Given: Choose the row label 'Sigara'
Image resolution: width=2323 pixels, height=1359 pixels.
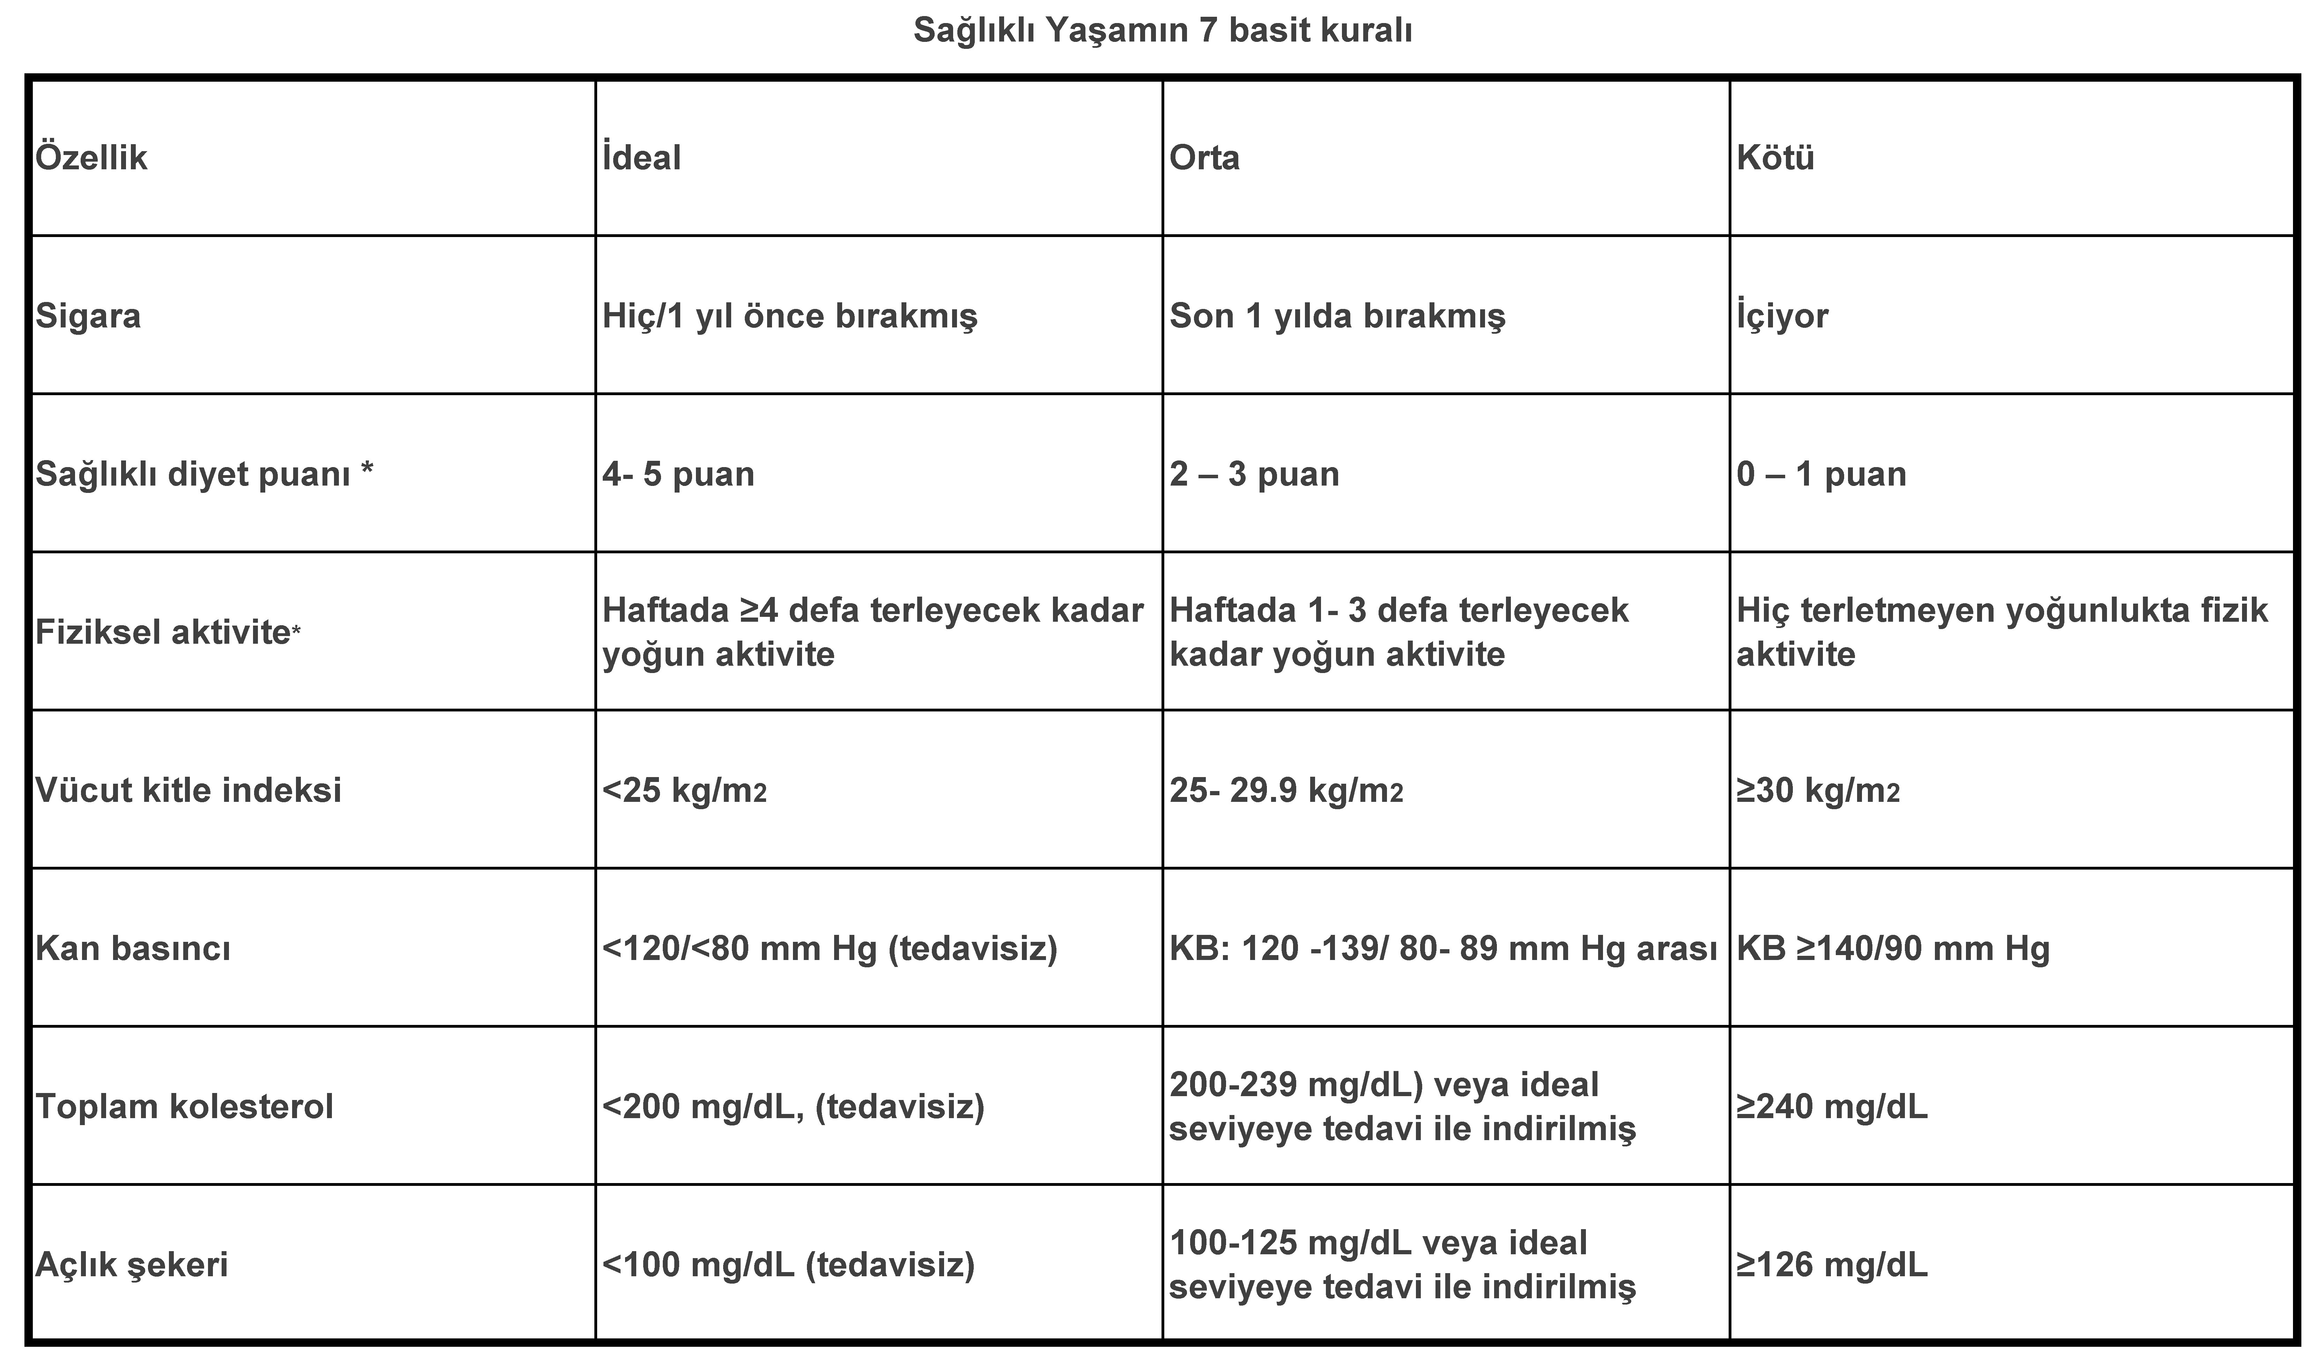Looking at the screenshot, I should click(89, 316).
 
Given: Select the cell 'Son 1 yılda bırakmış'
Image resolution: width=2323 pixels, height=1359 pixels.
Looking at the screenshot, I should click(1337, 316).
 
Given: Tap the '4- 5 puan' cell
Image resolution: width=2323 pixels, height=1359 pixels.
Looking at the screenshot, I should click(678, 474).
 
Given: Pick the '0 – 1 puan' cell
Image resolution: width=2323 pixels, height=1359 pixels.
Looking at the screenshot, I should click(1821, 474).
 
